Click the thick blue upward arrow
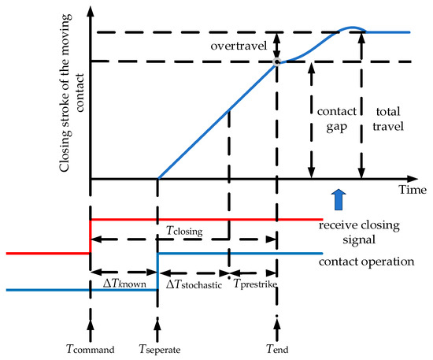point(339,196)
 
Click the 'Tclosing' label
point(184,230)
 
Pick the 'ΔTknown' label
point(124,283)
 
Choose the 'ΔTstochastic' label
point(192,283)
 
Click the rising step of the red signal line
point(91,236)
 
